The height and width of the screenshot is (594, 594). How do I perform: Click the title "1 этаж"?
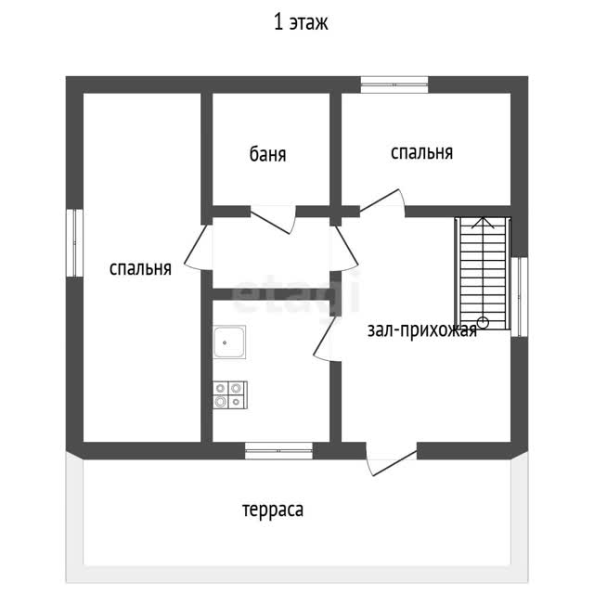(x=301, y=22)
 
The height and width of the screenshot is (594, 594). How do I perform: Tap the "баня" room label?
(x=268, y=154)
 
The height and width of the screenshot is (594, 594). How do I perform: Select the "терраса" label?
(x=273, y=510)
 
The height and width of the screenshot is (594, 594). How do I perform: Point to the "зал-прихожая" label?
(x=422, y=330)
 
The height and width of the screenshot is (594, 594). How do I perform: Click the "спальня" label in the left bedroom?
(x=140, y=268)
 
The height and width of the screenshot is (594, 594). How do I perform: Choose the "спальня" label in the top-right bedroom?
(x=421, y=152)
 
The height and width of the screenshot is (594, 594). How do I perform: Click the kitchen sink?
(x=229, y=342)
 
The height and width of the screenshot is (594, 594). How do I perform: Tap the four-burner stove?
(x=230, y=395)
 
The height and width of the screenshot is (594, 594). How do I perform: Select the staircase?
(x=483, y=273)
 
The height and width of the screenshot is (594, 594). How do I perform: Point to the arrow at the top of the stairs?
(x=483, y=223)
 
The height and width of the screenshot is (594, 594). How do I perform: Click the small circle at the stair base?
(x=483, y=323)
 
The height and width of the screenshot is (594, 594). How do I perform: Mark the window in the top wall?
(x=394, y=84)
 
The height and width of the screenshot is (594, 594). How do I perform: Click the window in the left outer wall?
(x=74, y=243)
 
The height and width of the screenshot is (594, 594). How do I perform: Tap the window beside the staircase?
(x=520, y=297)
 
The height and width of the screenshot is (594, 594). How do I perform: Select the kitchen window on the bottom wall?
(x=278, y=451)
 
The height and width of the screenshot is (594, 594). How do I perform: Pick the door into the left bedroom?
(x=196, y=247)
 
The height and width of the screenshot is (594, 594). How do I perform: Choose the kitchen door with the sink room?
(x=325, y=338)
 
